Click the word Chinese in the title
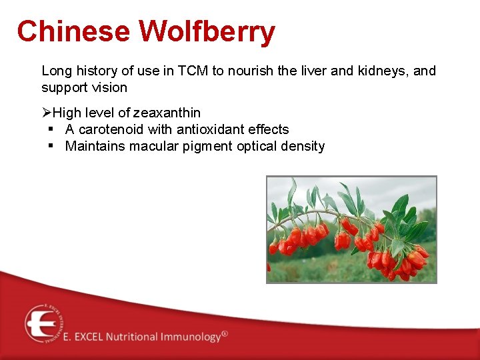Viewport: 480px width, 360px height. (x=73, y=31)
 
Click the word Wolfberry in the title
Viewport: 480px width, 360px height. (x=207, y=31)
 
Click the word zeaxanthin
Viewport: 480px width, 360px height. (x=167, y=113)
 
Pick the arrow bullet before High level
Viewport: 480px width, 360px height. (x=47, y=113)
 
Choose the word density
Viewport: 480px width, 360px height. (x=302, y=146)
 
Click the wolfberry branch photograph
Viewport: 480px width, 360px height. (x=351, y=229)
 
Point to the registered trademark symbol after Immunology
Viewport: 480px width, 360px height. (x=225, y=333)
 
